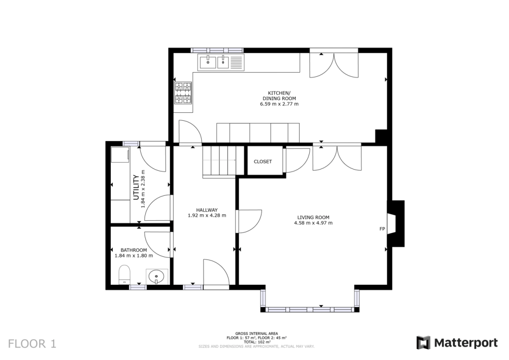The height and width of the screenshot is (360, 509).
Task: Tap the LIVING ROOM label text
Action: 313,217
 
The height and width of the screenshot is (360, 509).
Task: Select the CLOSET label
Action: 262,162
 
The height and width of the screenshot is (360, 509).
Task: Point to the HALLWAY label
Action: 207,210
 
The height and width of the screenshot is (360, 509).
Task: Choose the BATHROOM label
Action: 134,250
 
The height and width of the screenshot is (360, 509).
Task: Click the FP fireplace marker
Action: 382,229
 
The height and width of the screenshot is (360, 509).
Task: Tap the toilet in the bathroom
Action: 124,274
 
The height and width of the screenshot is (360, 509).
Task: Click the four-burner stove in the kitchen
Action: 183,93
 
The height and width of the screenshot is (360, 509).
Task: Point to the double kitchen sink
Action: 215,62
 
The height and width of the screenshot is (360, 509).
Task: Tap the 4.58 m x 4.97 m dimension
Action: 313,223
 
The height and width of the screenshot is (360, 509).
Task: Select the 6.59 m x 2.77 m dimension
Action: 279,104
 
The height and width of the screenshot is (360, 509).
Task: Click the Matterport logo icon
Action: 423,343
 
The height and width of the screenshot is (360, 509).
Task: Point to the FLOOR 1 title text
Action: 32,343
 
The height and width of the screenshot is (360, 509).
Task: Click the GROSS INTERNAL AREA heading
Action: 256,333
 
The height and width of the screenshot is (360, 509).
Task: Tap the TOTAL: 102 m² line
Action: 256,342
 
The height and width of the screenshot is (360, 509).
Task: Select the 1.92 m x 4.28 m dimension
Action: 207,215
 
